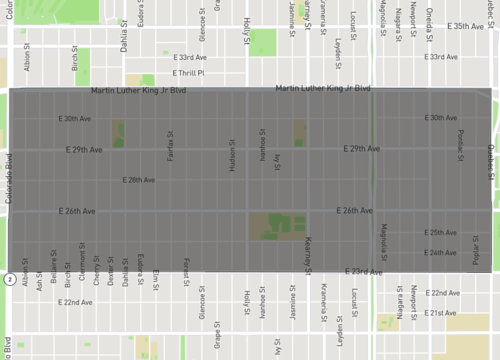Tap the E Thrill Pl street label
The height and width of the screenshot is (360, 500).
(x=188, y=72)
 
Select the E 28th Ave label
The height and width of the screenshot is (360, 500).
(x=138, y=180)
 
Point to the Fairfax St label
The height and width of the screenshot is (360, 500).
(x=171, y=147)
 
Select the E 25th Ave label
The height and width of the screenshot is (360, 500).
(x=440, y=233)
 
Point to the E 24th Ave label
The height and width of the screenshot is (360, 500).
(x=440, y=252)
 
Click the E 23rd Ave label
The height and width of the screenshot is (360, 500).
(x=365, y=271)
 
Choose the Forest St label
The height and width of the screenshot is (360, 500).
(x=187, y=269)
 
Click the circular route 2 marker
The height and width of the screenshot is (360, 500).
(x=7, y=277)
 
